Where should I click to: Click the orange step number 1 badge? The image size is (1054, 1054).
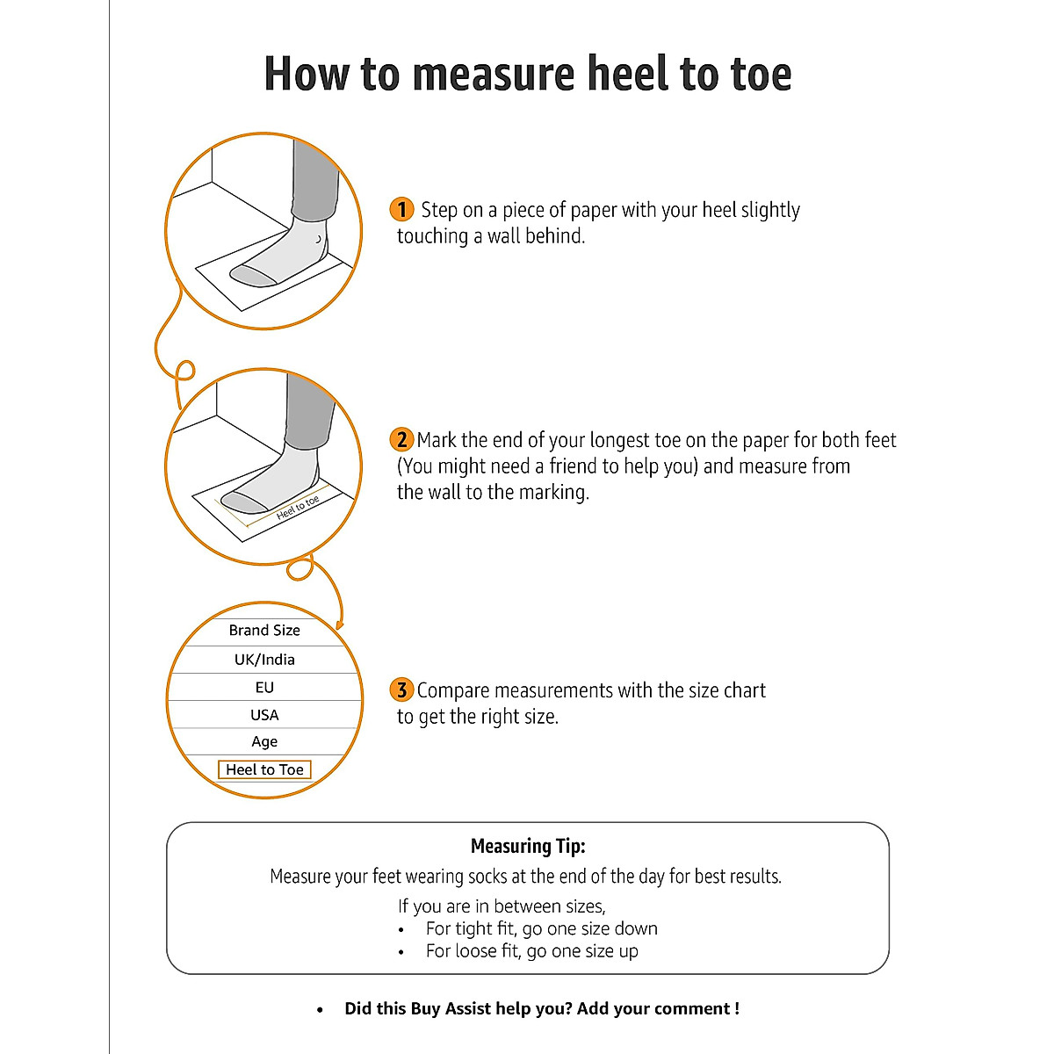(x=401, y=209)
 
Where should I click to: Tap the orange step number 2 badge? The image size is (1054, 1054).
(x=401, y=439)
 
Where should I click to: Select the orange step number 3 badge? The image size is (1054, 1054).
(x=401, y=689)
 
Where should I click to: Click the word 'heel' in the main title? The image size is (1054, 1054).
(x=632, y=74)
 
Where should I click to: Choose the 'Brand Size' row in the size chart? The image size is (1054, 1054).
(x=264, y=631)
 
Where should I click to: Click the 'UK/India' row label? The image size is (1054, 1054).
(x=264, y=660)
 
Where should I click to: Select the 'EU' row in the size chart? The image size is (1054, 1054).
(x=264, y=688)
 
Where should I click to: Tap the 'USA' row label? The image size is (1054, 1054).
(x=264, y=715)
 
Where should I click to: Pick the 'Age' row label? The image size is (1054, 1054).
(x=264, y=742)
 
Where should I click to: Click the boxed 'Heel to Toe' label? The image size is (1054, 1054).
(x=264, y=770)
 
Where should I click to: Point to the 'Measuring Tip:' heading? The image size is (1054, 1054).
(x=528, y=847)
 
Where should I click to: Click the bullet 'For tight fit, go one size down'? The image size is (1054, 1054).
(x=541, y=929)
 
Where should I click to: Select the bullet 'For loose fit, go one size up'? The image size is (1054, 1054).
(x=531, y=951)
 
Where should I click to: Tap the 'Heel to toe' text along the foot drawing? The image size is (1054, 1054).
(x=298, y=507)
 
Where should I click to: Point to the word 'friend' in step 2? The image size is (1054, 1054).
(x=574, y=466)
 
